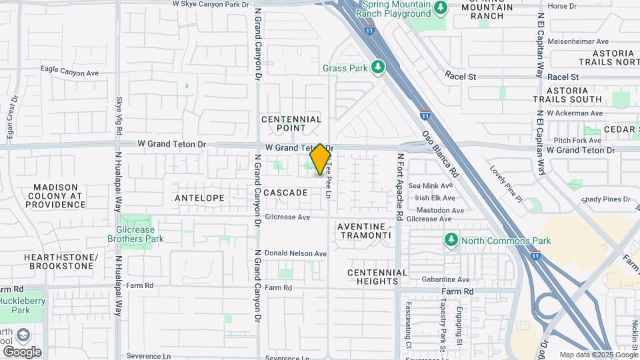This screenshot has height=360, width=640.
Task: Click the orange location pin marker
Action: pos(320,159)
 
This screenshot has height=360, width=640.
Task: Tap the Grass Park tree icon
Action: pos(378,67)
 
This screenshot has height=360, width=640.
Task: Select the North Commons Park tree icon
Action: pos(451,240)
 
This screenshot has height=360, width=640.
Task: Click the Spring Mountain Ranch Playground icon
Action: pos(440,8)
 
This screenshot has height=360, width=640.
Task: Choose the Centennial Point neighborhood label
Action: pos(291,123)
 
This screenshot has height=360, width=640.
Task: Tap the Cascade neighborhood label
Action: pos(285,193)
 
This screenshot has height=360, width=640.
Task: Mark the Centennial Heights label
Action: pos(377,277)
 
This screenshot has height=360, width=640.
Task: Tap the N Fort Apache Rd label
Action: pos(401,187)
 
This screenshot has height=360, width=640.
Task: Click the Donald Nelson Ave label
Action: pos(295,253)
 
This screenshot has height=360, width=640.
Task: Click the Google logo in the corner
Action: pos(21,351)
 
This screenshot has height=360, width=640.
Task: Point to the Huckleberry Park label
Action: pos(15,305)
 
